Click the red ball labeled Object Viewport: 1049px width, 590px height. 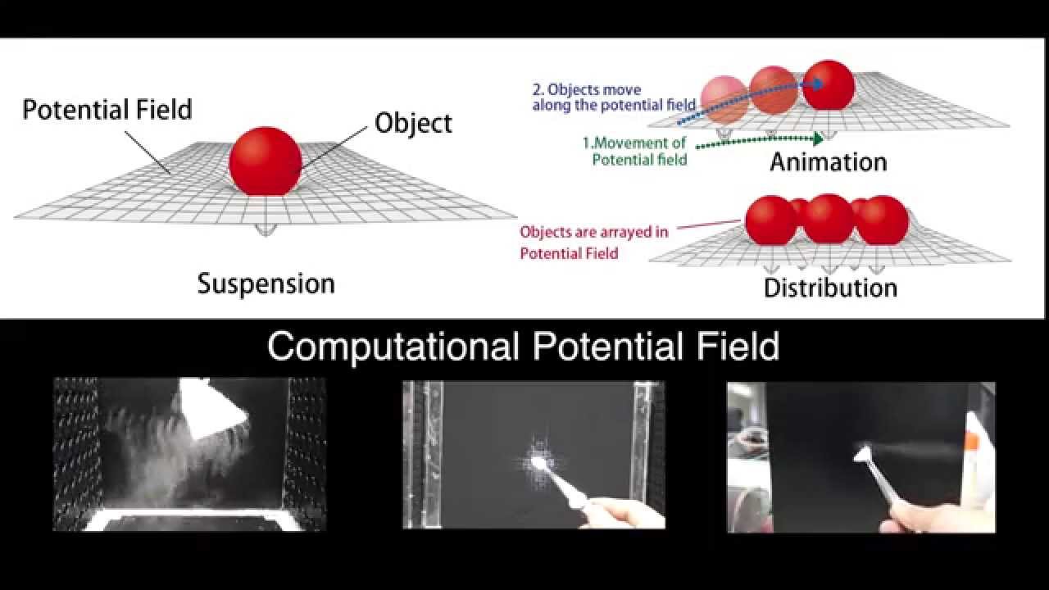(266, 161)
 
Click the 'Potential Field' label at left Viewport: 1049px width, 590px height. (107, 109)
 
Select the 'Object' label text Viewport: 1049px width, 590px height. (413, 123)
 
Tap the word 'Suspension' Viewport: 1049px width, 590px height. (266, 284)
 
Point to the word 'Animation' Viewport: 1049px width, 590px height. (828, 161)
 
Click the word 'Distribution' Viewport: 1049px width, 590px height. (830, 288)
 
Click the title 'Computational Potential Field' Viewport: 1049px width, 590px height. (523, 347)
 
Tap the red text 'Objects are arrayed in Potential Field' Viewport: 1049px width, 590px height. (593, 242)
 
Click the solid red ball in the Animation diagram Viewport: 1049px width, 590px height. (829, 85)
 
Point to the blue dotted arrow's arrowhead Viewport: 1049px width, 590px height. (818, 83)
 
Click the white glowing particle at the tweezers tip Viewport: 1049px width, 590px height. (538, 463)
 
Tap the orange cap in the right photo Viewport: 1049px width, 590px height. (972, 441)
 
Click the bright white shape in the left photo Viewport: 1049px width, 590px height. (211, 406)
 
